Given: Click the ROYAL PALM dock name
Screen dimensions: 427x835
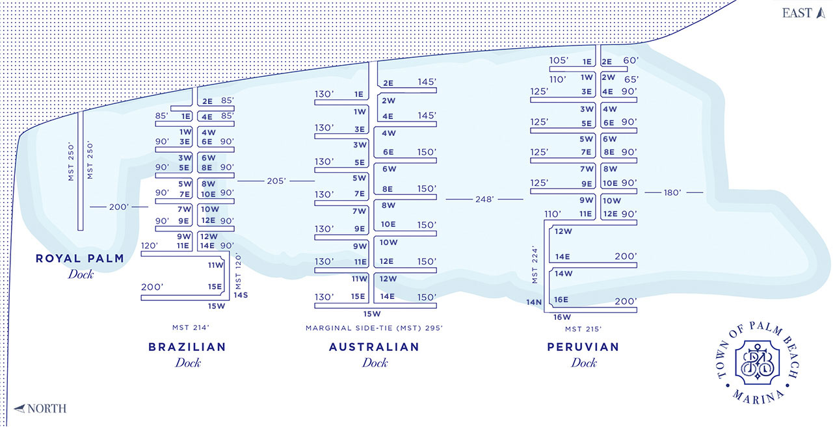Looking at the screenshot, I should tap(79, 259).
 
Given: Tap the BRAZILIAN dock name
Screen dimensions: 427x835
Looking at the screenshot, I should tap(187, 347).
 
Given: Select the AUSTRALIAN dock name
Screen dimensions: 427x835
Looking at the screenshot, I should tap(375, 347).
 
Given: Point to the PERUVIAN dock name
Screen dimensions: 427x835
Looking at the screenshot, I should tap(583, 347).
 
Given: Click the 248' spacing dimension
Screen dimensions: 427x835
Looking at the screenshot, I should tap(484, 200).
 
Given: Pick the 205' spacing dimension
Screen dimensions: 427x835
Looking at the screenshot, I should tap(276, 181).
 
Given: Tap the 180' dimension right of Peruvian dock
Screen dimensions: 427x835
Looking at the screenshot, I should tap(673, 192).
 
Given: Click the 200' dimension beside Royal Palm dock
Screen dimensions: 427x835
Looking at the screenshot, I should tap(119, 207).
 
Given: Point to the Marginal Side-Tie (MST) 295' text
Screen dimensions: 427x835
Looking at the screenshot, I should tap(374, 328).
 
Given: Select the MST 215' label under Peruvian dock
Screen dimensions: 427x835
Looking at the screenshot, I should tap(583, 329).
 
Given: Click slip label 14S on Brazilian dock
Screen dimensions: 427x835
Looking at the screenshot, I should tap(241, 295).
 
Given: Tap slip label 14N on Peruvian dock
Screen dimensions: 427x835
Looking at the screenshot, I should tap(534, 302).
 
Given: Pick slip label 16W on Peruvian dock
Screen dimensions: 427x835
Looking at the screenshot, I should tap(562, 318).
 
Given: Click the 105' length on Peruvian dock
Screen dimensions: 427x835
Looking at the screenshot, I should tap(559, 60).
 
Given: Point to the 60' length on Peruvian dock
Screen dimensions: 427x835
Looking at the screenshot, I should tap(630, 60).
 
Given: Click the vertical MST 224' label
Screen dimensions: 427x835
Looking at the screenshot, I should tap(535, 265).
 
